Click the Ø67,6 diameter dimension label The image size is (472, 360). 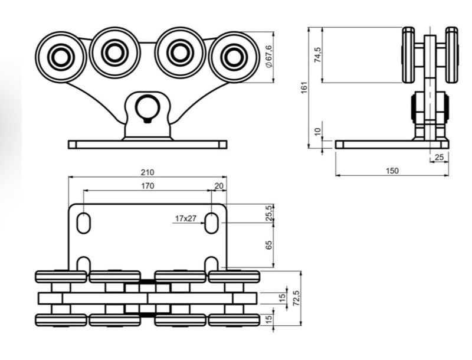click(x=269, y=56)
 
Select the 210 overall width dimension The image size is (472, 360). click(x=147, y=172)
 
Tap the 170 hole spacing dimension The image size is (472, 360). click(x=147, y=186)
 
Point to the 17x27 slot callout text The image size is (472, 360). click(x=185, y=218)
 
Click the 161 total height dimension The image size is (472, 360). click(x=304, y=87)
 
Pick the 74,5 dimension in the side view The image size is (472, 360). click(x=318, y=55)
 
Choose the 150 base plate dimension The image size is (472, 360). click(x=392, y=171)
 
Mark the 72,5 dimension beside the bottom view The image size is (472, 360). click(x=297, y=298)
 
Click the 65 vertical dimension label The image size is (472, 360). click(x=269, y=245)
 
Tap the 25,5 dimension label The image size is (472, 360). click(x=269, y=213)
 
